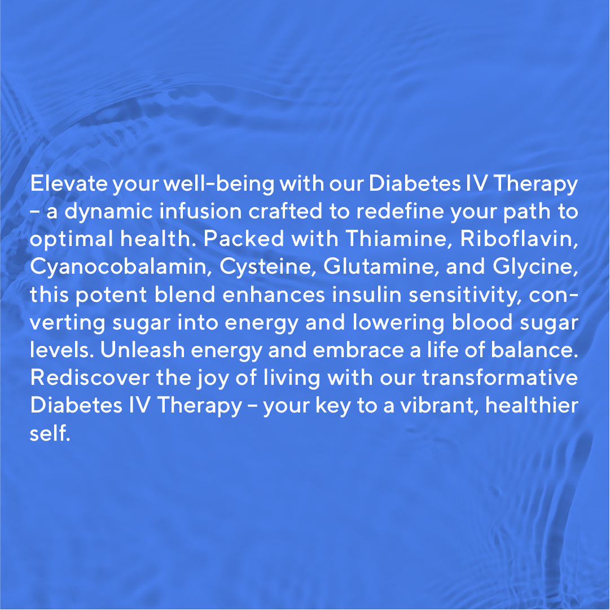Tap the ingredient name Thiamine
399,239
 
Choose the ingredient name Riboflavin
520,239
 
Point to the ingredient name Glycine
536,267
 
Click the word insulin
379,295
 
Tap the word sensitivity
475,295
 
